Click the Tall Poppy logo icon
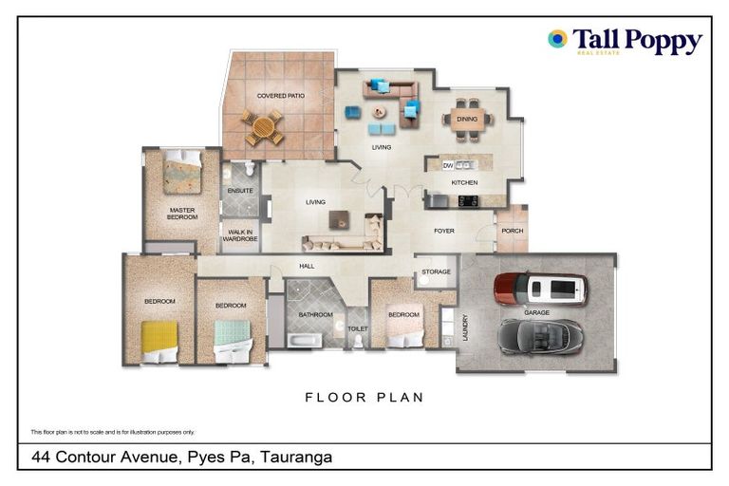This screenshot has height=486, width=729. click(x=557, y=39)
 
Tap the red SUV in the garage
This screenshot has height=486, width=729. click(x=540, y=289)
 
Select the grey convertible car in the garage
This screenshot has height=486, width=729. click(x=540, y=334)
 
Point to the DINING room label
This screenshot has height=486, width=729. click(x=466, y=120)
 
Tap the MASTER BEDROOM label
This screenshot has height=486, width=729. click(x=182, y=214)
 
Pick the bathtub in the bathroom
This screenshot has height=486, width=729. click(x=306, y=339)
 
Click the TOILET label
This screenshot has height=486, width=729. click(x=358, y=328)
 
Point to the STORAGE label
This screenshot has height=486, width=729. click(x=436, y=272)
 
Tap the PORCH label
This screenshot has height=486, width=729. click(x=512, y=231)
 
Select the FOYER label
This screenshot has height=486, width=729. click(x=444, y=231)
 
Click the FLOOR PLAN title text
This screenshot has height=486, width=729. click(x=364, y=397)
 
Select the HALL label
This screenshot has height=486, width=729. click(x=307, y=267)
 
